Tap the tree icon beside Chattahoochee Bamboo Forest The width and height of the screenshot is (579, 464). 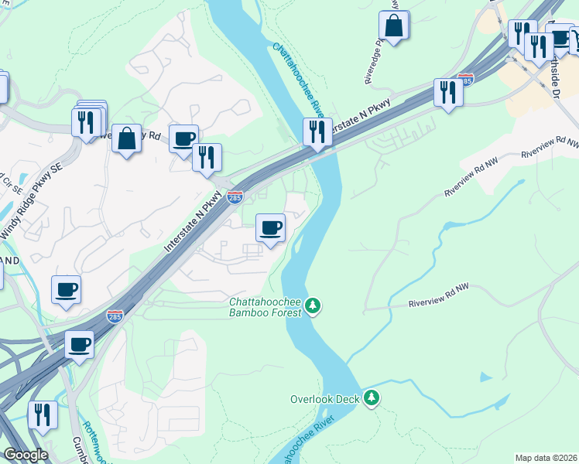tap(313, 306)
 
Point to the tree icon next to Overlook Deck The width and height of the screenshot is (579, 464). tap(372, 397)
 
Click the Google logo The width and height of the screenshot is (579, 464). tap(26, 455)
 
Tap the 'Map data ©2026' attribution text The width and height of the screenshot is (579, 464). tap(546, 458)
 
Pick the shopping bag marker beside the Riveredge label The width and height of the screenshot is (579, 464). tap(394, 26)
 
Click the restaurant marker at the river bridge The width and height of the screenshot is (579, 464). tap(317, 131)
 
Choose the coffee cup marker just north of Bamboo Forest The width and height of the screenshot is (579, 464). tap(270, 228)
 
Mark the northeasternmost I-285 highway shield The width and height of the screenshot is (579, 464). tap(465, 79)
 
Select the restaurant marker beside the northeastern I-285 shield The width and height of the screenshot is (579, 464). tap(447, 93)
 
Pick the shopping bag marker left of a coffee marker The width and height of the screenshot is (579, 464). tap(126, 139)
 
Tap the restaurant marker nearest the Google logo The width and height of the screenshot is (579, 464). tap(43, 415)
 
